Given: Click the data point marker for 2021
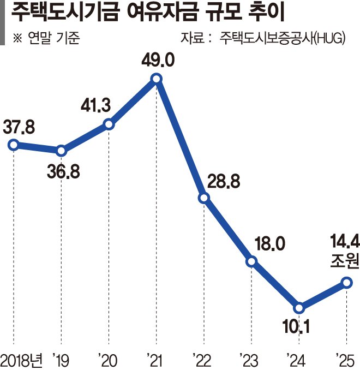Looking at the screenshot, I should [156, 80].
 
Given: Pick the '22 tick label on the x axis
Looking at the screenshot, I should [202, 359].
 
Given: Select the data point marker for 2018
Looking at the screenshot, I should [14, 145].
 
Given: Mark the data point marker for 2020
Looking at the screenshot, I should [109, 124].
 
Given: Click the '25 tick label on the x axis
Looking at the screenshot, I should [345, 359].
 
